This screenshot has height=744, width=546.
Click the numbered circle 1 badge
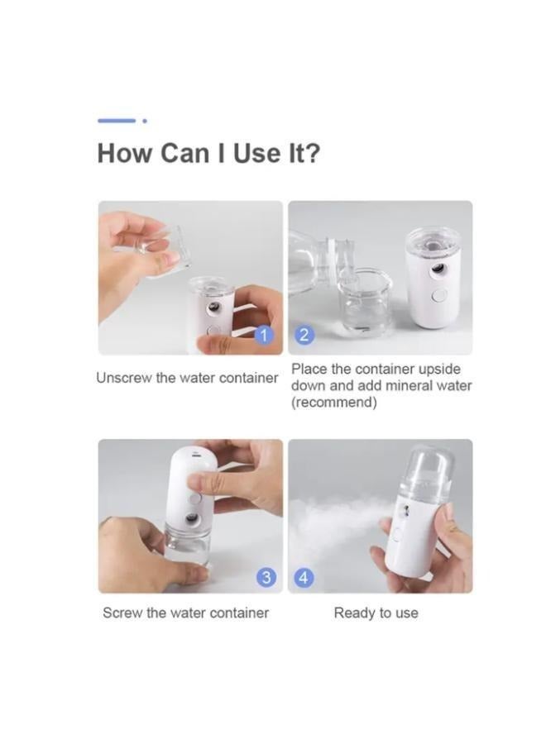point(265,335)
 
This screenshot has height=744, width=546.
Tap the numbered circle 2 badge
point(304,335)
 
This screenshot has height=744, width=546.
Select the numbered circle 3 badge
point(266,578)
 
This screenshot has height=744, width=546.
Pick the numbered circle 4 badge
point(304,578)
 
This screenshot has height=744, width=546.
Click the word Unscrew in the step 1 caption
point(123,378)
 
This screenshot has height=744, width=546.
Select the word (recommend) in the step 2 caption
point(333,403)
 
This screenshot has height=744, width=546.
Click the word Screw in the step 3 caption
point(122,613)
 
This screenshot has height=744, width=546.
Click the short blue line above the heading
point(117,121)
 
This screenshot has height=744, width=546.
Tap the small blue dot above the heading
point(145,121)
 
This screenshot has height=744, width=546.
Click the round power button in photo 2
point(439,297)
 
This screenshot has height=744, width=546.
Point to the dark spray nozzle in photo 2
point(438,270)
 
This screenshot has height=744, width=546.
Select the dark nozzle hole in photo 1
point(214,309)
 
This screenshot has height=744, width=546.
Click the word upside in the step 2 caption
point(438,370)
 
